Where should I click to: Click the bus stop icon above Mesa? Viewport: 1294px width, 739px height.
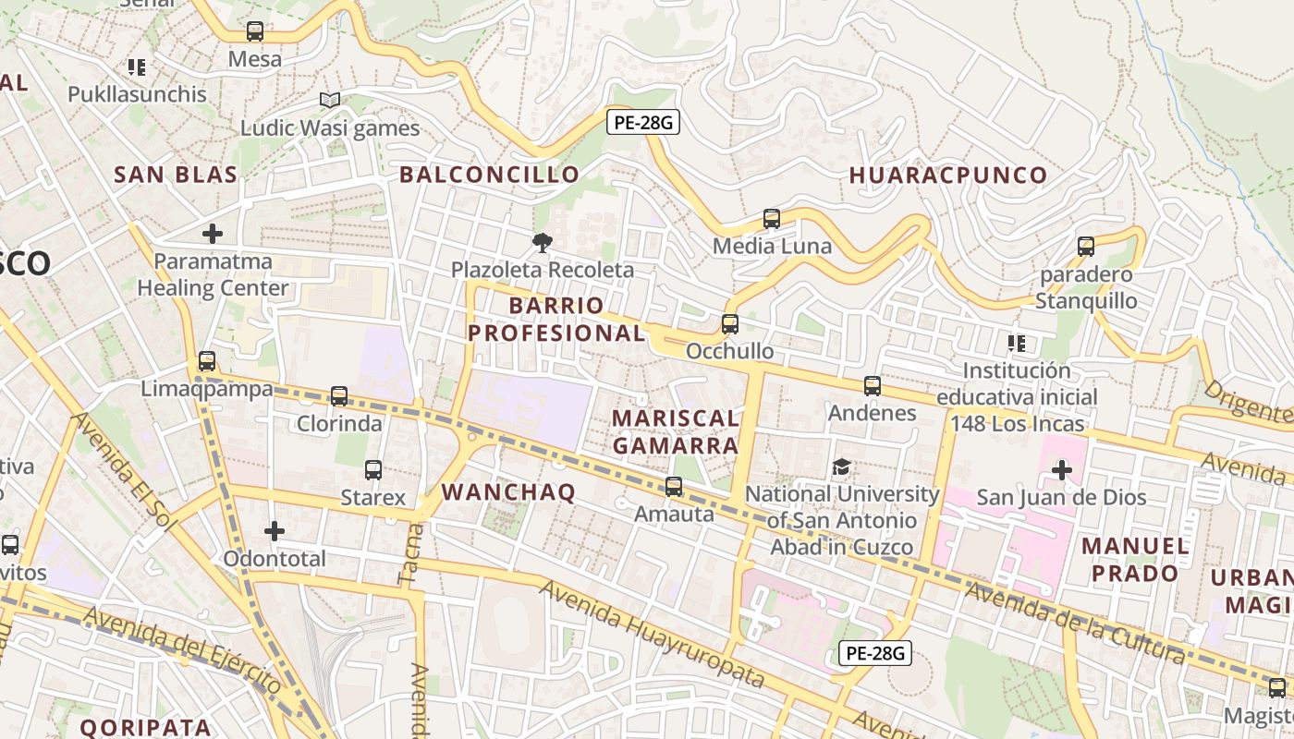tap(255, 31)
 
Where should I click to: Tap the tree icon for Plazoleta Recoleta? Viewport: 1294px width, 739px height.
tap(542, 243)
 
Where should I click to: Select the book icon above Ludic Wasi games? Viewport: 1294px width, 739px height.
tap(330, 100)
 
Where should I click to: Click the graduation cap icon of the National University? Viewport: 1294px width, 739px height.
tap(841, 467)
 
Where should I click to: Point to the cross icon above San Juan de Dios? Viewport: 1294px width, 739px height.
tap(1061, 470)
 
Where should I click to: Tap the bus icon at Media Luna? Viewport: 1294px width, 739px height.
tap(772, 219)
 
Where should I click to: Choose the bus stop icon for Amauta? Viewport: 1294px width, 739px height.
tap(674, 487)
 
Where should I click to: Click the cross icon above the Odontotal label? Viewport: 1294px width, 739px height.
tap(275, 531)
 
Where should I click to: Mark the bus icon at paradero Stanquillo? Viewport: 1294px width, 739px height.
tap(1086, 247)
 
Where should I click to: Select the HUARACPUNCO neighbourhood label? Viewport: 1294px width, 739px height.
tap(947, 175)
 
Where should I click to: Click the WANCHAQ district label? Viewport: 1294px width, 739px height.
tap(508, 491)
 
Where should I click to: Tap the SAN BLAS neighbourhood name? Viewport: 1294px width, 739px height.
tap(176, 175)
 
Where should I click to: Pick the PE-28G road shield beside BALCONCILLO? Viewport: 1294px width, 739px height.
tap(643, 122)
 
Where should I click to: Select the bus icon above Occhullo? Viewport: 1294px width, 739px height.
tap(730, 324)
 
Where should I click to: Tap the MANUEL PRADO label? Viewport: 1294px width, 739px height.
tap(1135, 559)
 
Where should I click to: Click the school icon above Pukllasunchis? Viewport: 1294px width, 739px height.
tap(137, 67)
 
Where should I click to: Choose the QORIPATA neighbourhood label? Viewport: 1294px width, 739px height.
tap(145, 727)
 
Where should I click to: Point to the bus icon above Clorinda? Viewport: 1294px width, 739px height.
tap(339, 396)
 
